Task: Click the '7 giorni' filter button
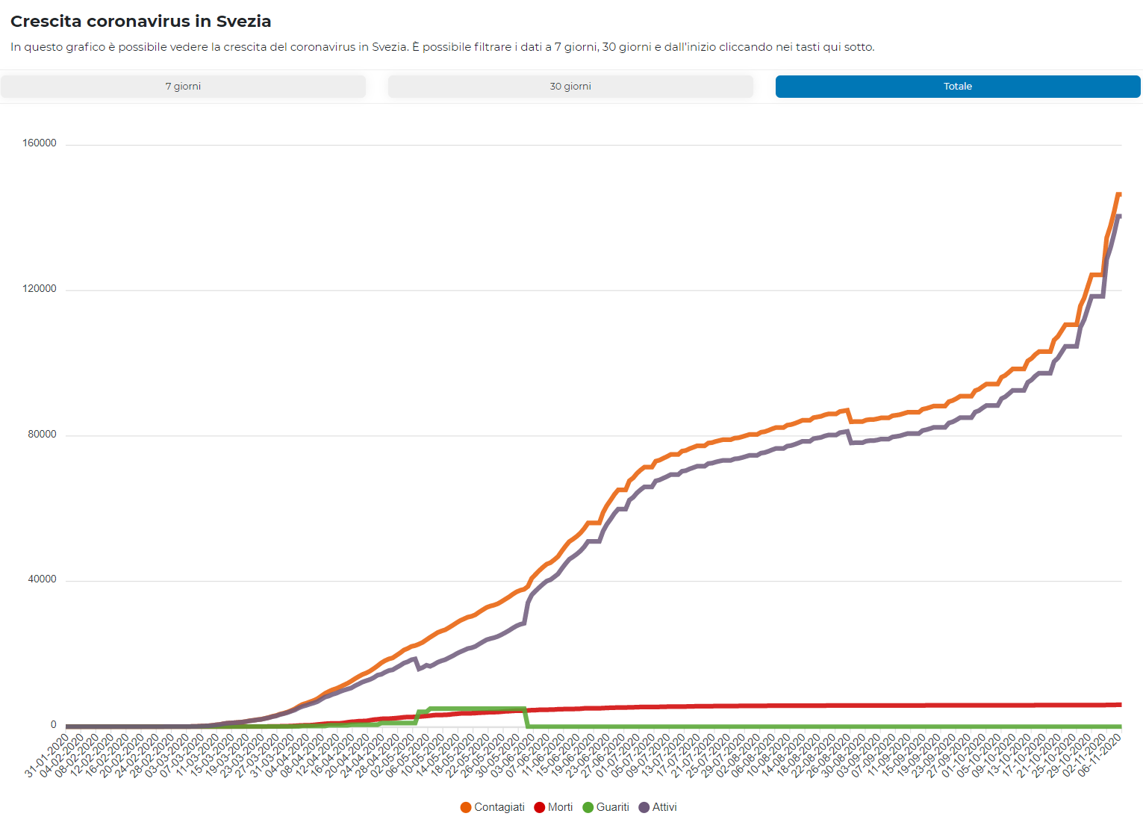click(x=183, y=87)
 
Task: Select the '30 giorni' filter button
click(x=570, y=87)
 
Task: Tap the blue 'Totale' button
click(x=957, y=87)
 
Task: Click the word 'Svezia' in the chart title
click(x=243, y=22)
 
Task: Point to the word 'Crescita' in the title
click(x=46, y=22)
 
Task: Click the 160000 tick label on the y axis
click(x=40, y=143)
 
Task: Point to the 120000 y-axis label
click(x=40, y=289)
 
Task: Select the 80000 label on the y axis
click(x=42, y=435)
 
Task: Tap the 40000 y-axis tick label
click(x=42, y=579)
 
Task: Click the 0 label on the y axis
click(x=53, y=725)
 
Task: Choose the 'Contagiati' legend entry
click(x=499, y=807)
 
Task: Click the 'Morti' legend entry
click(x=560, y=807)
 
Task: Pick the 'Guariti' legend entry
click(x=612, y=807)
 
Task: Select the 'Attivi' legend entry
click(x=664, y=807)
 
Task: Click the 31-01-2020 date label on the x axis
click(x=46, y=756)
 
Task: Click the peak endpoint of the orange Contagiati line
click(x=1118, y=194)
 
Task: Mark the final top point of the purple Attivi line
click(x=1118, y=217)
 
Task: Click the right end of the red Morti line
click(x=1120, y=704)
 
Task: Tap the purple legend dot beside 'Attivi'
click(x=644, y=807)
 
